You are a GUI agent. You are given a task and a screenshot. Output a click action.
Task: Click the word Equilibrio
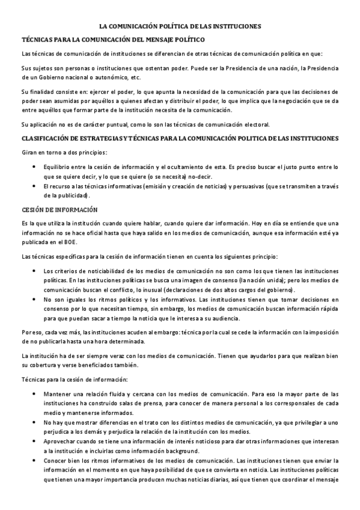pos(58,166)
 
